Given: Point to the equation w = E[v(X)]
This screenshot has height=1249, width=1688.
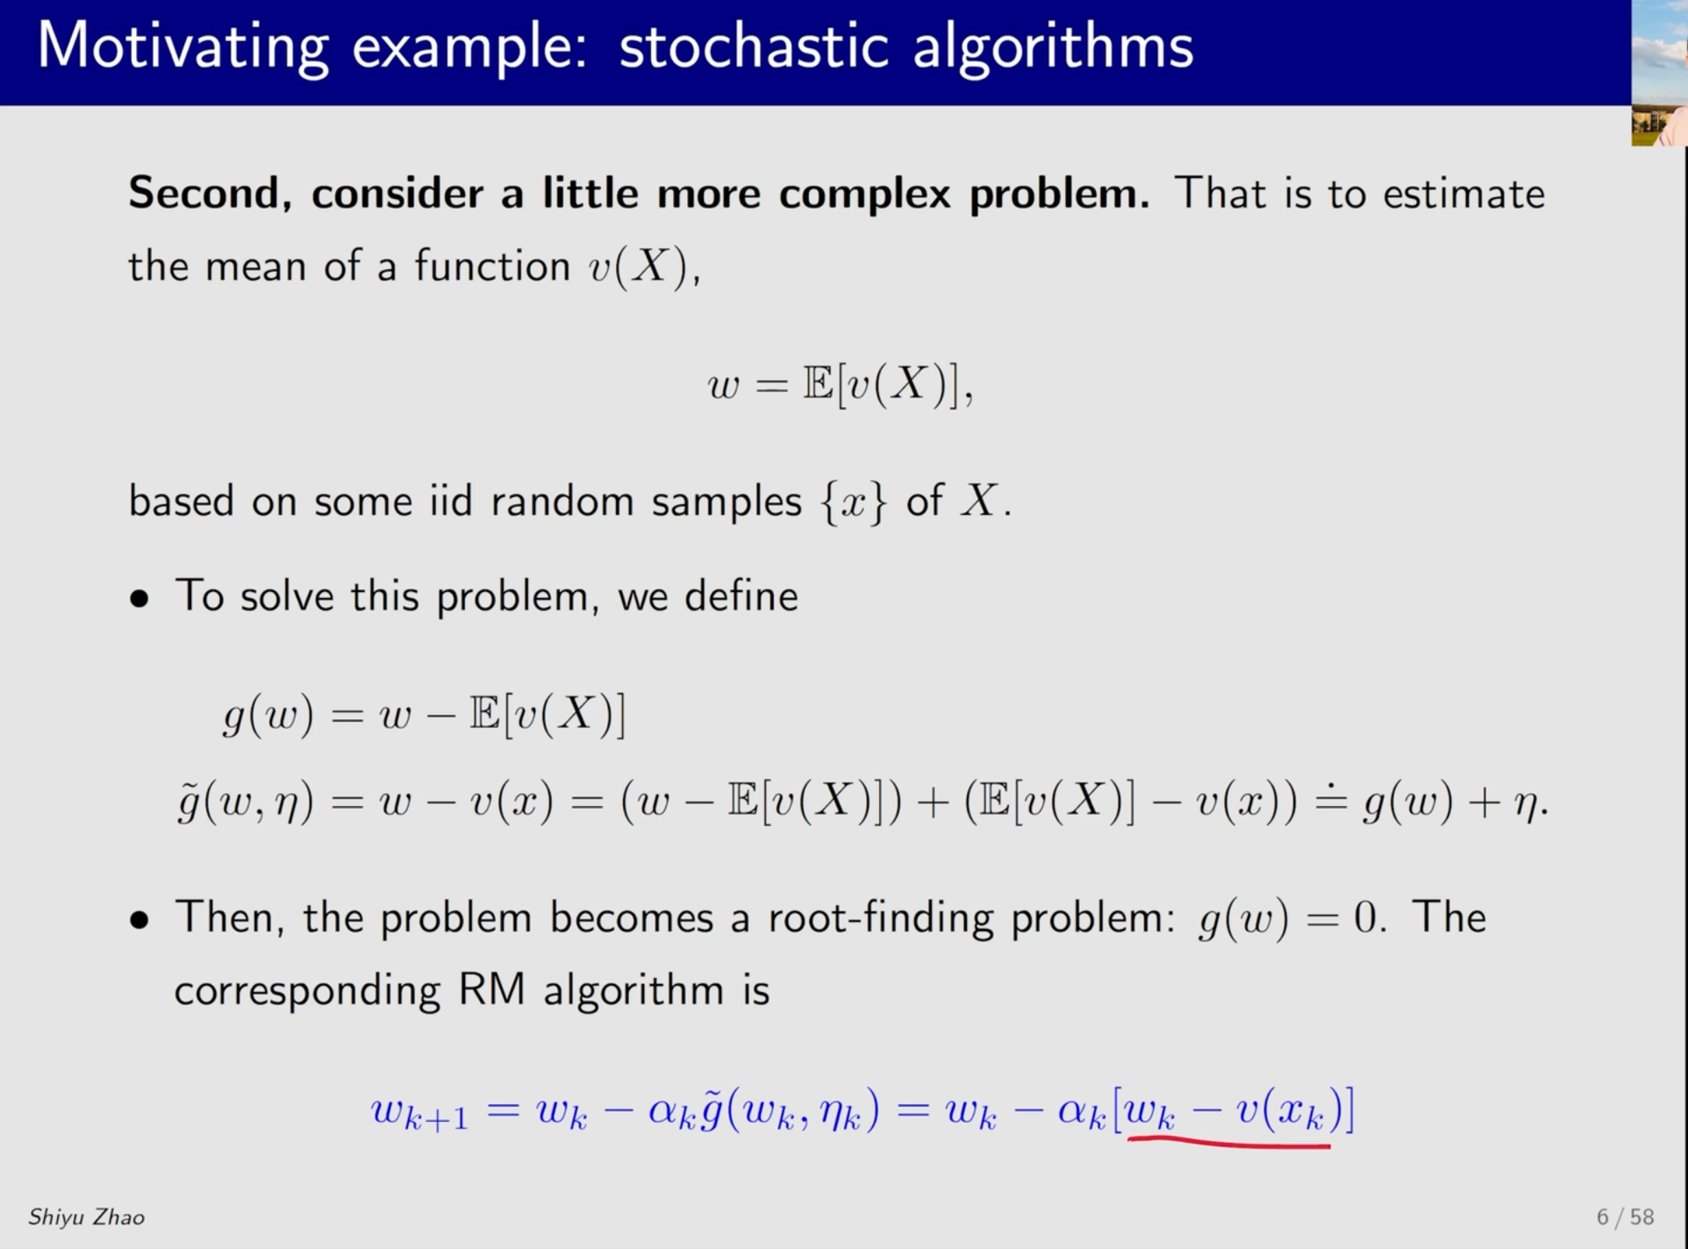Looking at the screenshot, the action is click(x=840, y=384).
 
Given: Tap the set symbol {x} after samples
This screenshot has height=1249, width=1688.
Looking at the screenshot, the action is click(x=853, y=503).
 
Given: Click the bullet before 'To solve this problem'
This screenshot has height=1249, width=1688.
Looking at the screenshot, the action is click(x=139, y=599).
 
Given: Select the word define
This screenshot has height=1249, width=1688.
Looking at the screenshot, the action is click(x=741, y=596).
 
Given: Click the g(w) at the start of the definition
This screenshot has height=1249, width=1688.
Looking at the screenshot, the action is click(x=268, y=715).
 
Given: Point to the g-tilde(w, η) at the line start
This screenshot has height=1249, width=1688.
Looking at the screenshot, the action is click(x=246, y=802).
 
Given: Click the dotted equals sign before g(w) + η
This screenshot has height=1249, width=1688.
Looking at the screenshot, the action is click(x=1330, y=801).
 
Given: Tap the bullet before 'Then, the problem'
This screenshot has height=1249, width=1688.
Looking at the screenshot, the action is click(x=139, y=920).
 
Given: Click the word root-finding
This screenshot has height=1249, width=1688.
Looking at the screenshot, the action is click(x=881, y=918).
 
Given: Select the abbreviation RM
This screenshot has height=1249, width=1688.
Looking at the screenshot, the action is click(x=491, y=990).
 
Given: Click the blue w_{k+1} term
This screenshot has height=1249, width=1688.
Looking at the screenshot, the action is click(x=419, y=1113).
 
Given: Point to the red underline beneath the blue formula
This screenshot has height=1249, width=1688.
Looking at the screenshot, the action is click(x=1229, y=1142).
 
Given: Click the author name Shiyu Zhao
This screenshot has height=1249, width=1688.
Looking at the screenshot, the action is click(x=86, y=1217).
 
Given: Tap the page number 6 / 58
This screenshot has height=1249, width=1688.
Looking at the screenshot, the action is click(x=1625, y=1217).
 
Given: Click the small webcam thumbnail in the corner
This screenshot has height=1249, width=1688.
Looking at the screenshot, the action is click(x=1659, y=73).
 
